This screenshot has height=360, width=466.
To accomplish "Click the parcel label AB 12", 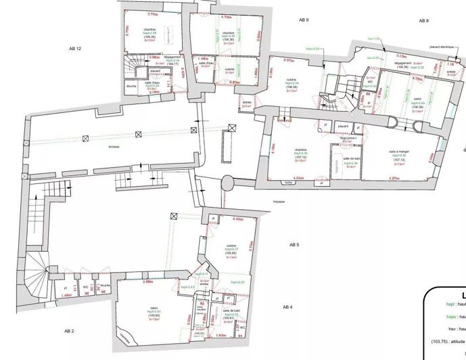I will pos(75,49).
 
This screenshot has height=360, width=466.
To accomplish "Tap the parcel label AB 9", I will pos(304,20).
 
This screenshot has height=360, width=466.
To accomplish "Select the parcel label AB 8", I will pos(423,21).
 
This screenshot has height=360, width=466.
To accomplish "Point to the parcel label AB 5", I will pos(294,244).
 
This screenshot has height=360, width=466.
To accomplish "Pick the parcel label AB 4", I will pos(287,307).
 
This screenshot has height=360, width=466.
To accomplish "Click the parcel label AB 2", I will pos(69,330).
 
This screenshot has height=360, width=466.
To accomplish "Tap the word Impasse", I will pos(279,202).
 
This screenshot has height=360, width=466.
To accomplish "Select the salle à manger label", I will pos(399,152).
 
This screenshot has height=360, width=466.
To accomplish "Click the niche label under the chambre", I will pos(289,182).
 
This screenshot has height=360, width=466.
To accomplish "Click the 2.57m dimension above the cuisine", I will pos(289,60).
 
